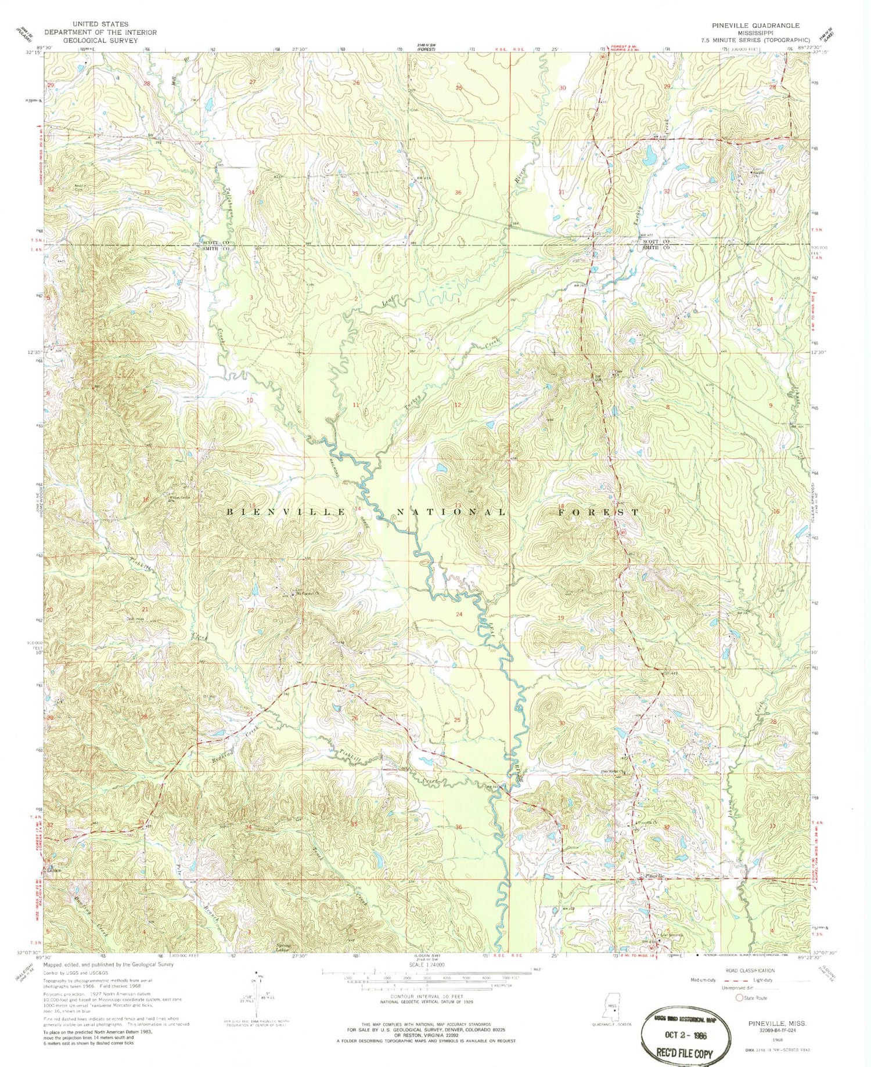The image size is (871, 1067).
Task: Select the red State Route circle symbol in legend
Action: click(x=739, y=998)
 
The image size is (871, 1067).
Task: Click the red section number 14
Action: click(x=358, y=508)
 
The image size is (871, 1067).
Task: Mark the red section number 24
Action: click(x=459, y=614)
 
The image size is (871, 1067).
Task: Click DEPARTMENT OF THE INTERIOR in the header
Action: click(x=91, y=32)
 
